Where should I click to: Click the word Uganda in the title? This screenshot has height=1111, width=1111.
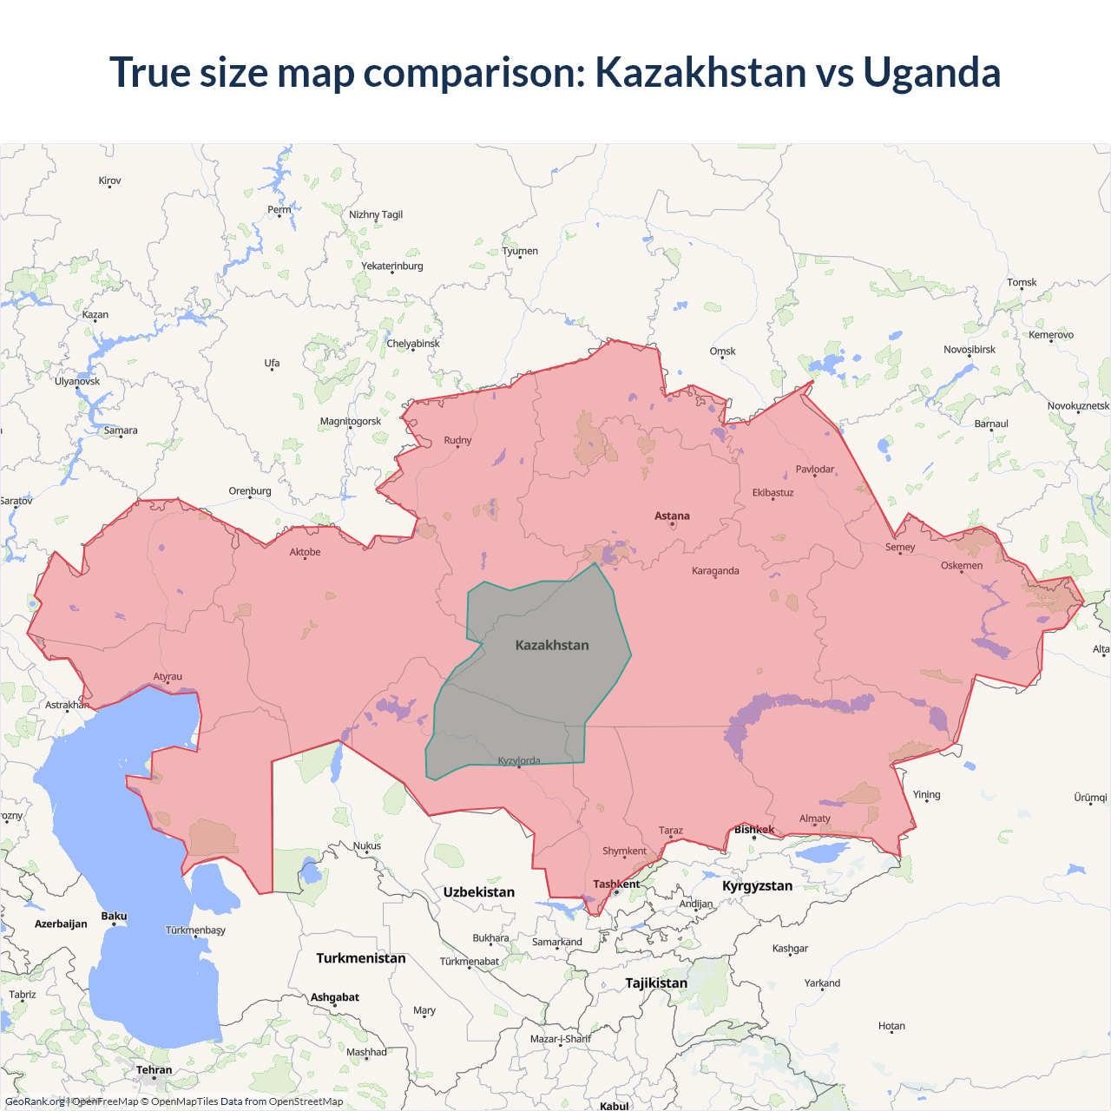(931, 73)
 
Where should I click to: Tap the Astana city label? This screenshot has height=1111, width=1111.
(672, 516)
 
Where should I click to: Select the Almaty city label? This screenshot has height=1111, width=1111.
(814, 818)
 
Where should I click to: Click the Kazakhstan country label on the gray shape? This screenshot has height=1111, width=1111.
(552, 645)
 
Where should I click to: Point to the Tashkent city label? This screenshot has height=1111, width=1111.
(616, 884)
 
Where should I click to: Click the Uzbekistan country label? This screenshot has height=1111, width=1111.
(479, 892)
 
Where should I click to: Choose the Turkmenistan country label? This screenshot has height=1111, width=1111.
(361, 958)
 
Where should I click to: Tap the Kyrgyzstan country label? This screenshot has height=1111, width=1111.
(757, 886)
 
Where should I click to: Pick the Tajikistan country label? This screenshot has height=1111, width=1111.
(656, 983)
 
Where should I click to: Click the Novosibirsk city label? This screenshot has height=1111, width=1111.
(970, 350)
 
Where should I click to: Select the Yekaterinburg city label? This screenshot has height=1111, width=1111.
(392, 266)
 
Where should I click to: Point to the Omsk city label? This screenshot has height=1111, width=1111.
(722, 352)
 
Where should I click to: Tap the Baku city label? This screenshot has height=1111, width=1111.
(114, 917)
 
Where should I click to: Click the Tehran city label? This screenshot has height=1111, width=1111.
(154, 1070)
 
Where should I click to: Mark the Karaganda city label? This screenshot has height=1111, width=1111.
(715, 571)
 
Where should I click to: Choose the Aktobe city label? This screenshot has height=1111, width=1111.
(305, 552)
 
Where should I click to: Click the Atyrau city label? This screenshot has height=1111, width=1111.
(168, 677)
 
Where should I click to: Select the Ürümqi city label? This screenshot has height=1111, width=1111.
(1090, 798)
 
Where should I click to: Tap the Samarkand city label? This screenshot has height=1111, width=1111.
(557, 942)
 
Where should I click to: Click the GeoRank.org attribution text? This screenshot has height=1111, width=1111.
(35, 1101)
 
